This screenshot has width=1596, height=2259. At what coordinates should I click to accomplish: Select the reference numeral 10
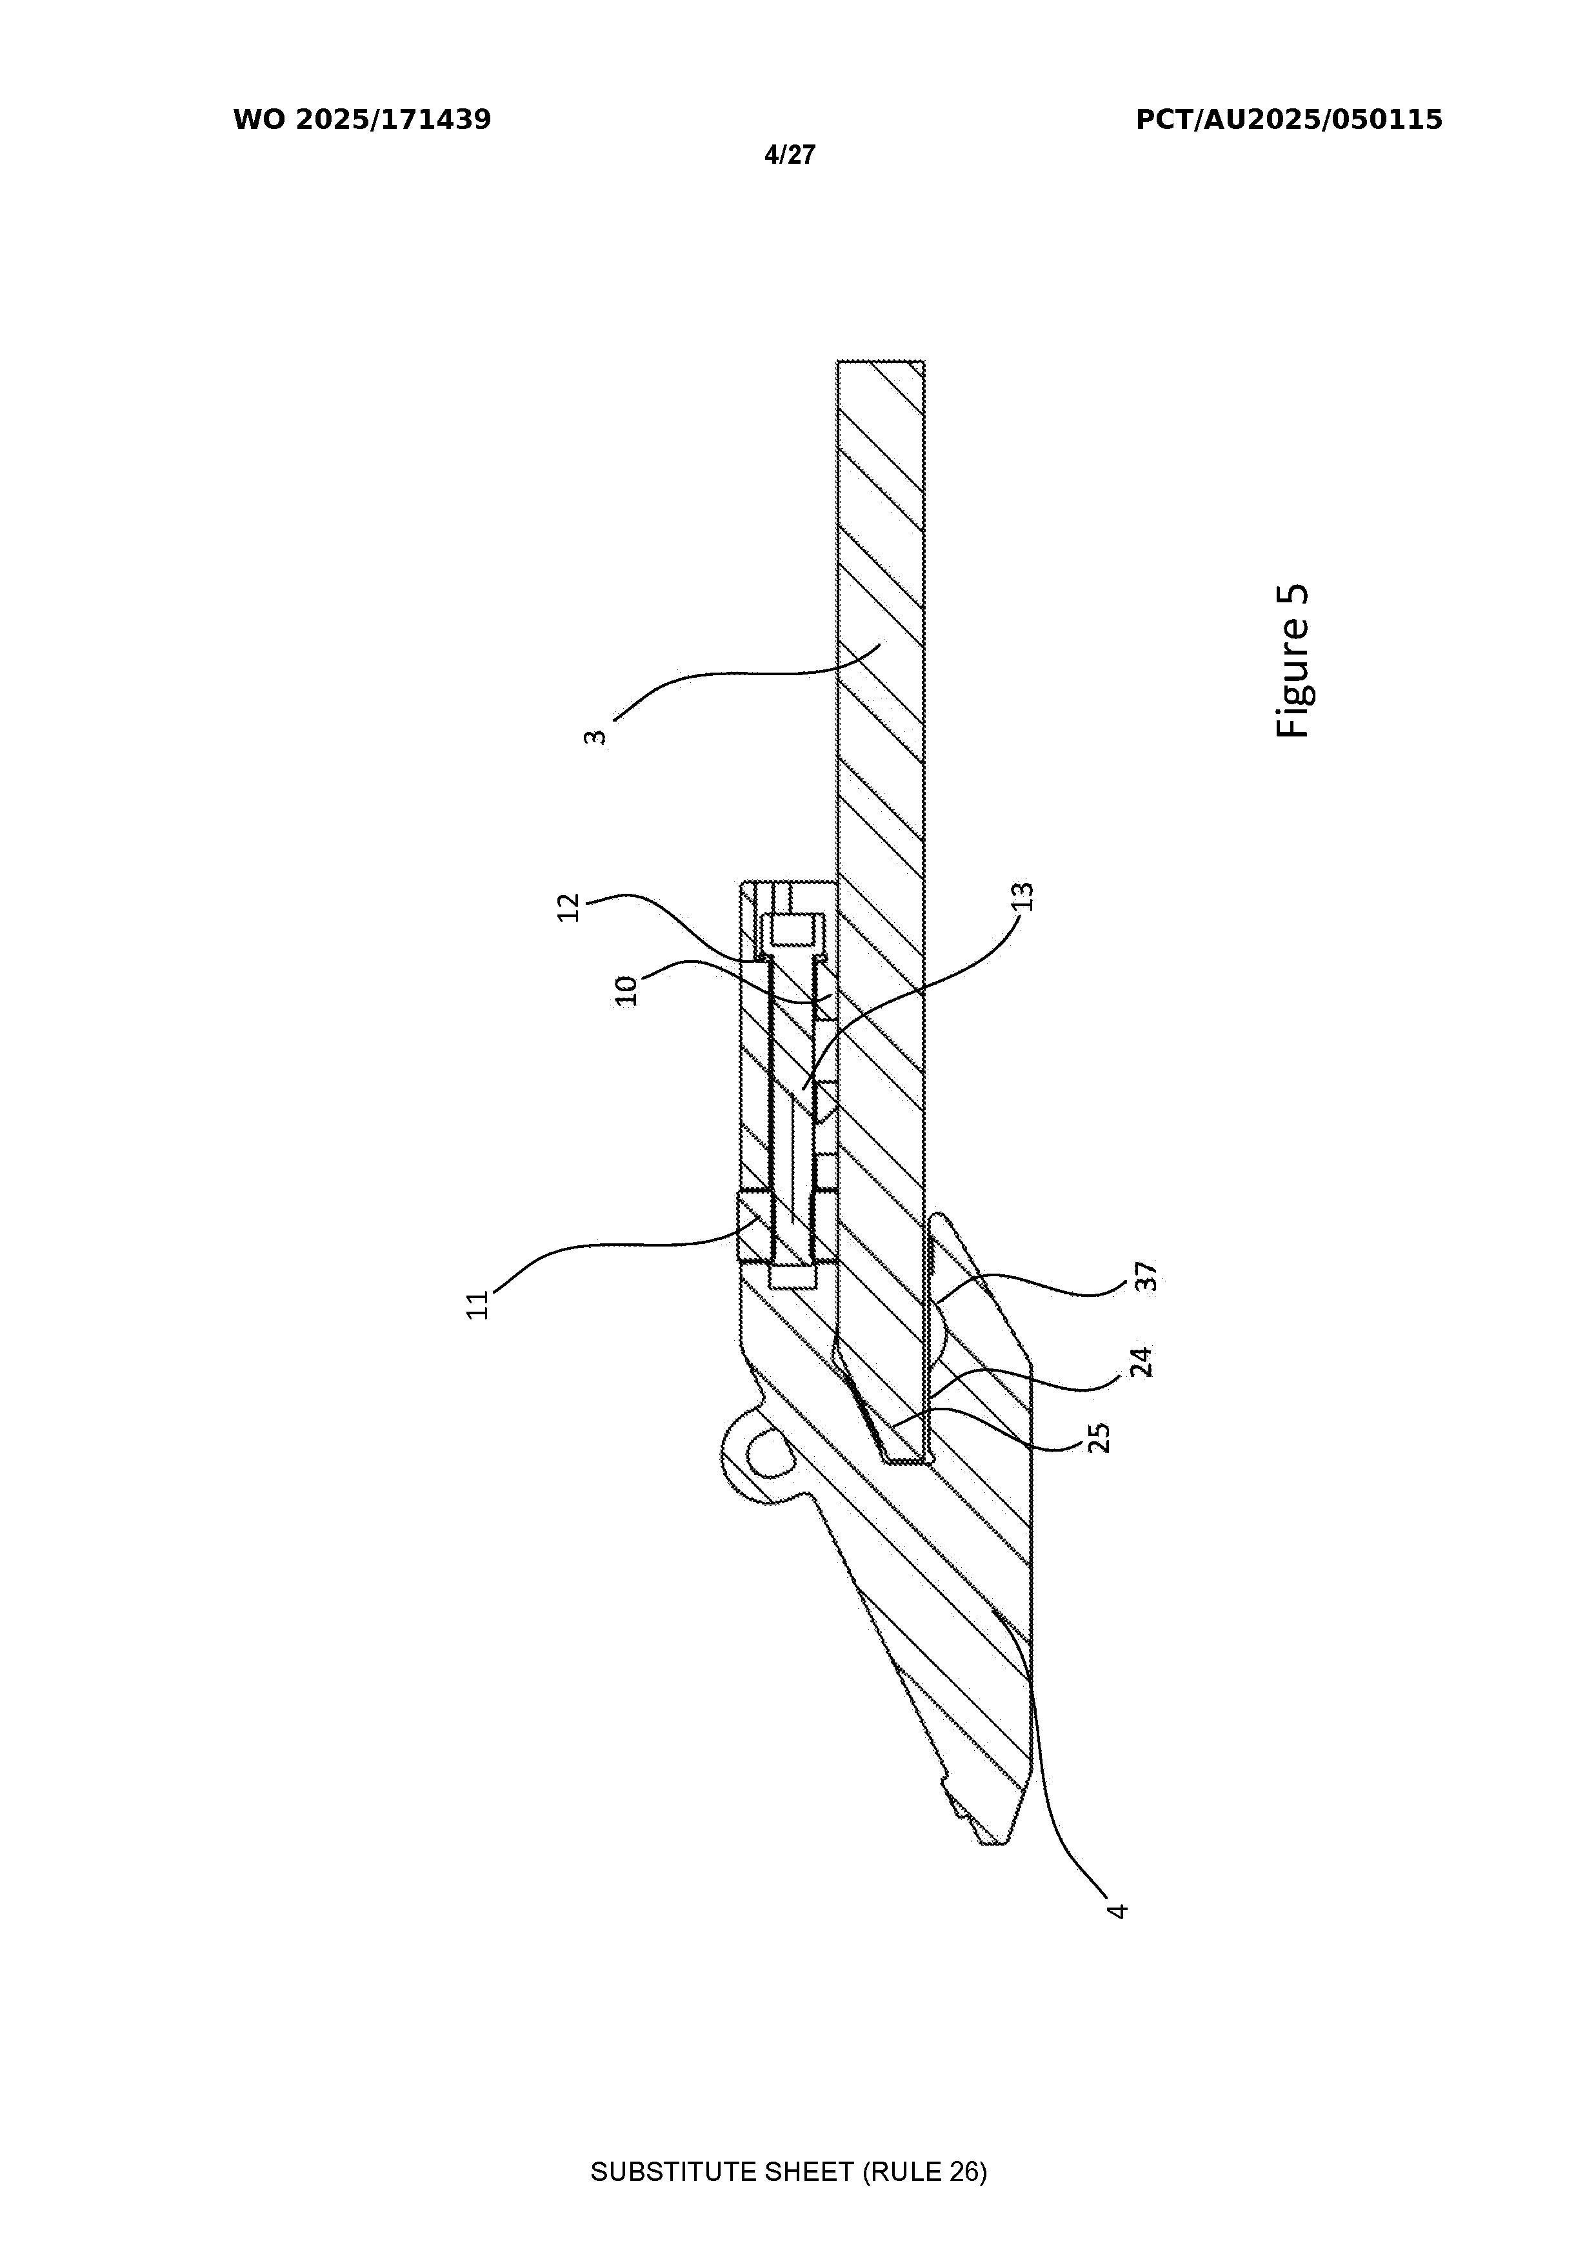tap(627, 990)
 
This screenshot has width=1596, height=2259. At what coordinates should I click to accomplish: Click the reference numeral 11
tap(477, 1305)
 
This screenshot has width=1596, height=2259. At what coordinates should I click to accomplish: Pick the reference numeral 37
tap(1144, 1277)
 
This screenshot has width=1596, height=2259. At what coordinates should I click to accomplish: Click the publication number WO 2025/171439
tap(362, 120)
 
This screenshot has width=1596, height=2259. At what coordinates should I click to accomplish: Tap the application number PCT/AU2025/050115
tap(1289, 120)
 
